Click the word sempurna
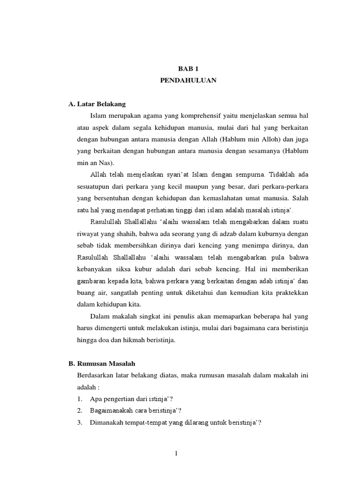point(251,174)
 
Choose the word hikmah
point(128,340)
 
